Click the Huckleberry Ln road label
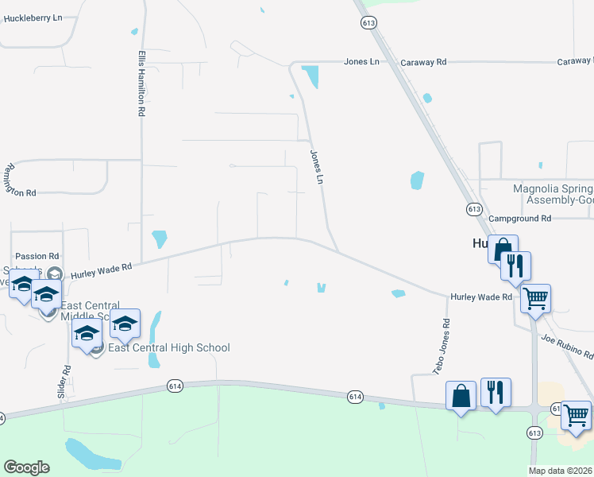coord(33,17)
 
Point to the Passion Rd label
coord(37,257)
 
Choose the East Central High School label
coord(168,347)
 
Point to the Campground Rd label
coord(519,218)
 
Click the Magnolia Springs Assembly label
coord(553,195)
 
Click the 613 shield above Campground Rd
coord(474,208)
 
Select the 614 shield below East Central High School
coord(176,386)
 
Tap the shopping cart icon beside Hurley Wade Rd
coord(536,299)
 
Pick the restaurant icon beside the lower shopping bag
coord(496,392)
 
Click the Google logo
coord(26,467)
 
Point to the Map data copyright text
coord(560,470)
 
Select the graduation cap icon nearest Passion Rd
coord(23,284)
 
